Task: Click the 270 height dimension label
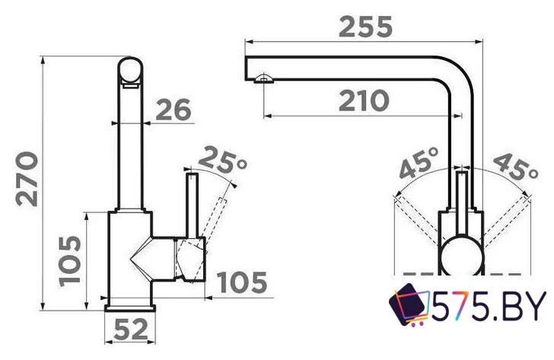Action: click(27, 179)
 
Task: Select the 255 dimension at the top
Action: click(365, 27)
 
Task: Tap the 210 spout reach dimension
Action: click(364, 100)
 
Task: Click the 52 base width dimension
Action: click(130, 330)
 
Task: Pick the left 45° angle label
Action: click(419, 163)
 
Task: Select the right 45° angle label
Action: click(515, 167)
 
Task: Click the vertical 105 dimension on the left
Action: click(69, 261)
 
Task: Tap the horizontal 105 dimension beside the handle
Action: click(242, 282)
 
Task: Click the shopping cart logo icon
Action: click(409, 304)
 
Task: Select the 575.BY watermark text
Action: click(489, 306)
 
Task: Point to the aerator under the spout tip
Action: click(263, 78)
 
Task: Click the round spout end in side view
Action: click(130, 70)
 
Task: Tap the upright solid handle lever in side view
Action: click(193, 205)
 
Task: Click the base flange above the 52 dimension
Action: click(130, 308)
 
